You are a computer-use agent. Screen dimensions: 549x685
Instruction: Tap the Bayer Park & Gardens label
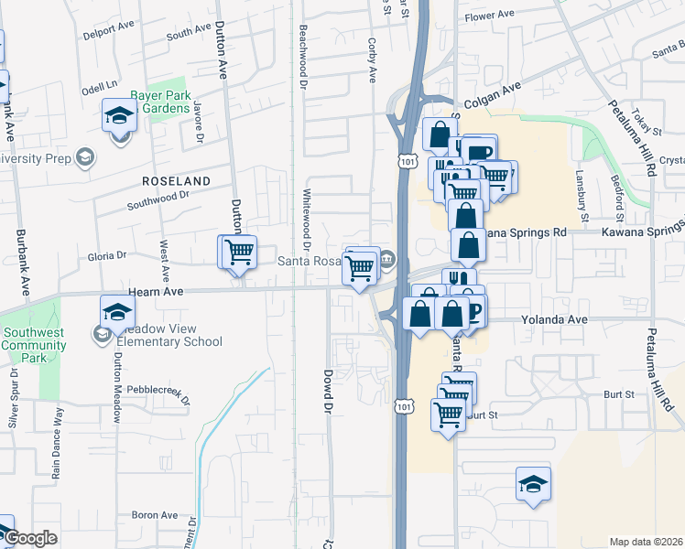tap(163, 101)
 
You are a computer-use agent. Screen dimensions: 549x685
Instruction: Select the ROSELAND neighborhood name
tap(175, 180)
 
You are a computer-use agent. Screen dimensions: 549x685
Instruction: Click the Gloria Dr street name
tap(107, 255)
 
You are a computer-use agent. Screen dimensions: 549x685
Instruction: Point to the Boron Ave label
tap(154, 515)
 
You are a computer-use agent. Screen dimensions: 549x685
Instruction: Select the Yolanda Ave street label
tap(554, 320)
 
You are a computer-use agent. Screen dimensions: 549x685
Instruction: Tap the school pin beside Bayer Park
tap(119, 116)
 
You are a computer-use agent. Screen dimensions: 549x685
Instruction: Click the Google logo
tap(30, 538)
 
